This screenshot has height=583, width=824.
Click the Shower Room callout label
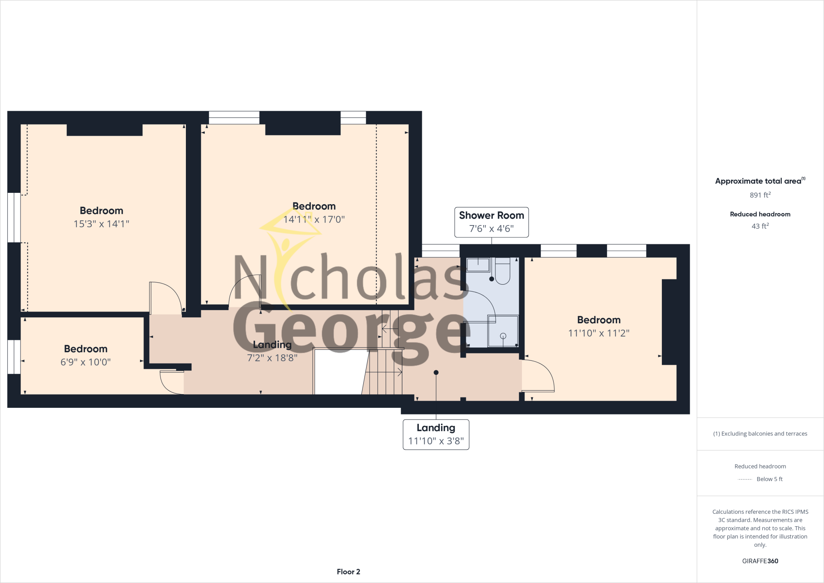click(491, 222)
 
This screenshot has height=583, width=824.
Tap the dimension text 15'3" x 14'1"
click(101, 224)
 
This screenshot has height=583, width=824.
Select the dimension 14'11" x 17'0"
click(314, 219)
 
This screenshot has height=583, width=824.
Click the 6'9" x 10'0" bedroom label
click(85, 362)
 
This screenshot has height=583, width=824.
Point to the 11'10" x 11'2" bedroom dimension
click(599, 333)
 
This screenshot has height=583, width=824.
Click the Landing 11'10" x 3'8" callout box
click(436, 434)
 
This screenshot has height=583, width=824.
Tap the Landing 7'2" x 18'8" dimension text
click(272, 358)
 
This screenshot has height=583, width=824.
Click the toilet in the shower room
click(503, 272)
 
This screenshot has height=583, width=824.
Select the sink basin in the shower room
click(478, 265)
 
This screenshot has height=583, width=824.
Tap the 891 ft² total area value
click(760, 195)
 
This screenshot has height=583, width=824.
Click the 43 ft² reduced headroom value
click(760, 226)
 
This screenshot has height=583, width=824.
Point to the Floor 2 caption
click(348, 572)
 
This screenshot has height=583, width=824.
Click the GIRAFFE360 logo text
click(760, 561)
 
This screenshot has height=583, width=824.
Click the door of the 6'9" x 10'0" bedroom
click(171, 382)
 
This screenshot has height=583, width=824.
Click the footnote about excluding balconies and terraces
click(760, 434)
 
